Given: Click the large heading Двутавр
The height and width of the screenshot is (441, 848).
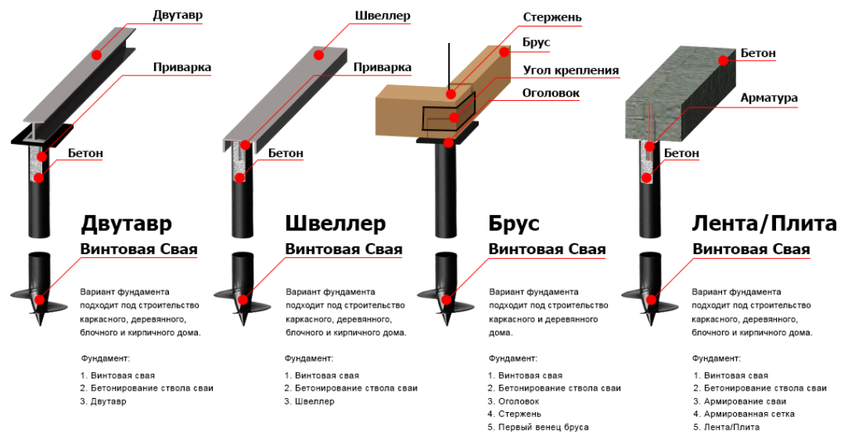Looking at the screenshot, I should point(127,224).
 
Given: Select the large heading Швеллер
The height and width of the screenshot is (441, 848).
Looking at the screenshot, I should point(335,224).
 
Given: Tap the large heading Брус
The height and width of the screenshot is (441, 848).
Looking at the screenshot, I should point(514,224).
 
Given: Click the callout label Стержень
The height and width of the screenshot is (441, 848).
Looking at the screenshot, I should point(552,17).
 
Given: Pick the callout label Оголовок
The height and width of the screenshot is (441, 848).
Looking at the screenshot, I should point(551,93).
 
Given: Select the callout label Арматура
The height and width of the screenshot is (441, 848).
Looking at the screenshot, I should point(769,98).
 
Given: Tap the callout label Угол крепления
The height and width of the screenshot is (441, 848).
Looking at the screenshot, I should point(571,70).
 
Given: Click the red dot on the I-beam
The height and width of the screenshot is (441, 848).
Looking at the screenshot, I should point(97,55).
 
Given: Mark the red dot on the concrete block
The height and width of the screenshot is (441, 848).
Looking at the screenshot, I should point(724,60).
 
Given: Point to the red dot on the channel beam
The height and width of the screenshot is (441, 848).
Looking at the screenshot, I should point(320,55).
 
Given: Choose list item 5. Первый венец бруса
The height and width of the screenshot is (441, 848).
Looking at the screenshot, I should point(538,427).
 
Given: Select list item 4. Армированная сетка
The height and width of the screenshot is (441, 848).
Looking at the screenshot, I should point(744,414).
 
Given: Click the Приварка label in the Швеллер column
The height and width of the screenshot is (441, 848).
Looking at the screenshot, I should point(383,68).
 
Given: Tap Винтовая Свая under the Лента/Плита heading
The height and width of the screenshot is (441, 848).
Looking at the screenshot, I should point(751,249).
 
